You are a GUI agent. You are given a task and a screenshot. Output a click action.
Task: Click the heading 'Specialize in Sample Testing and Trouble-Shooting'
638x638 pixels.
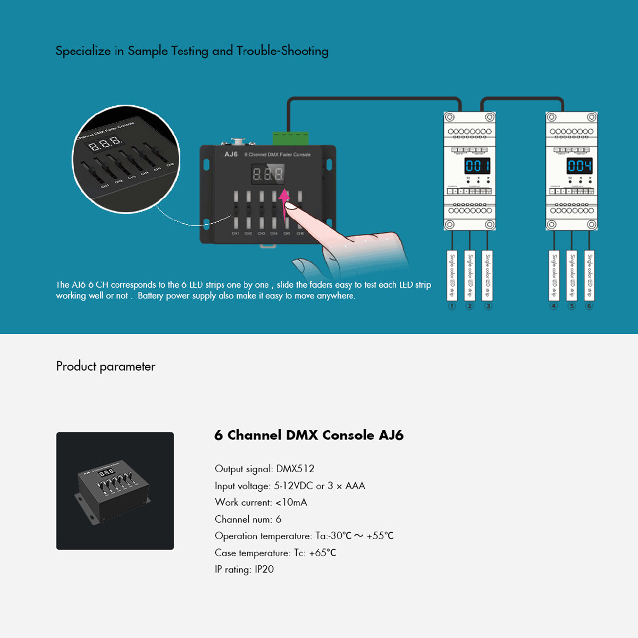pyautogui.click(x=192, y=51)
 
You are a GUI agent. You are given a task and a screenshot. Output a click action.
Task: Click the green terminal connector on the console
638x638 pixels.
pyautogui.click(x=291, y=138)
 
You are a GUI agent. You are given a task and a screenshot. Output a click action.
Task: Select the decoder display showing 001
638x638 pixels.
pyautogui.click(x=477, y=166)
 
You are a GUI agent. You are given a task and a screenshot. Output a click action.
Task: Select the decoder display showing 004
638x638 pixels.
pyautogui.click(x=579, y=166)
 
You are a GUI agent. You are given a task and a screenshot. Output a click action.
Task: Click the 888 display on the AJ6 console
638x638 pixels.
pyautogui.click(x=268, y=174)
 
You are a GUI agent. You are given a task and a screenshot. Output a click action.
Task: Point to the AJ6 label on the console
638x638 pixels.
pyautogui.click(x=231, y=154)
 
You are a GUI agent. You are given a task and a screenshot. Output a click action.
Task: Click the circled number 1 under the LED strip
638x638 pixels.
pyautogui.click(x=452, y=306)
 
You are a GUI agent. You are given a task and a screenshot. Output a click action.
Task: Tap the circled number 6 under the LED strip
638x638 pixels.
pyautogui.click(x=589, y=306)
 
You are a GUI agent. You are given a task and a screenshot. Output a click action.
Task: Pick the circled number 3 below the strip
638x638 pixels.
pyautogui.click(x=488, y=306)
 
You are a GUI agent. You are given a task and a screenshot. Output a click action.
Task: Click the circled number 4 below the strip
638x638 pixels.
pyautogui.click(x=553, y=306)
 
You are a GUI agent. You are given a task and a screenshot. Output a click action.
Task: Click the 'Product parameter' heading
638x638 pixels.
pyautogui.click(x=106, y=366)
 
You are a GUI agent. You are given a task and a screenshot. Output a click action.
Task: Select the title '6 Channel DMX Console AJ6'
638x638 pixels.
pyautogui.click(x=308, y=435)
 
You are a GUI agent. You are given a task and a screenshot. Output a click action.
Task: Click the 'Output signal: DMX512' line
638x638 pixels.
pyautogui.click(x=264, y=469)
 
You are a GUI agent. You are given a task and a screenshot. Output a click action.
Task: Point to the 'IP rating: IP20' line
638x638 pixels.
pyautogui.click(x=244, y=569)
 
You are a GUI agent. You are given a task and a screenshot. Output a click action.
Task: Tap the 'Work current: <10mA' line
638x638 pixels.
pyautogui.click(x=261, y=502)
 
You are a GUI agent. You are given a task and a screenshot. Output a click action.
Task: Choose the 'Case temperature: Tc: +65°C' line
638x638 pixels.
pyautogui.click(x=275, y=553)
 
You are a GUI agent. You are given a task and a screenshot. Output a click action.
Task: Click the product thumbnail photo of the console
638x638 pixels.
pyautogui.click(x=115, y=491)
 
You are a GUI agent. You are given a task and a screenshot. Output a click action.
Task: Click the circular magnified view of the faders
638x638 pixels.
pyautogui.click(x=126, y=159)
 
